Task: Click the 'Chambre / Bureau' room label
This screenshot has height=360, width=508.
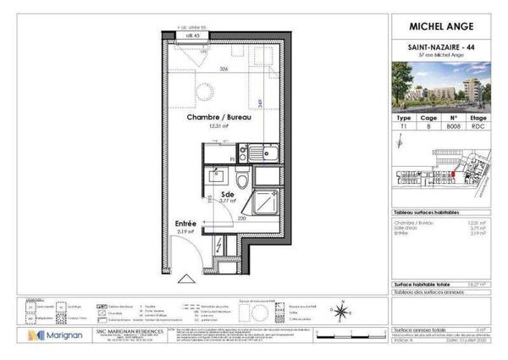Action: click(220, 118)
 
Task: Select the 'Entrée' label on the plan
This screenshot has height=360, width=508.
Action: click(187, 224)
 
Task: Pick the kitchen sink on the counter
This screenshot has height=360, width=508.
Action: click(264, 153)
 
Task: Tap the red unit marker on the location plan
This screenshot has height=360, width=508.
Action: click(453, 176)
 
